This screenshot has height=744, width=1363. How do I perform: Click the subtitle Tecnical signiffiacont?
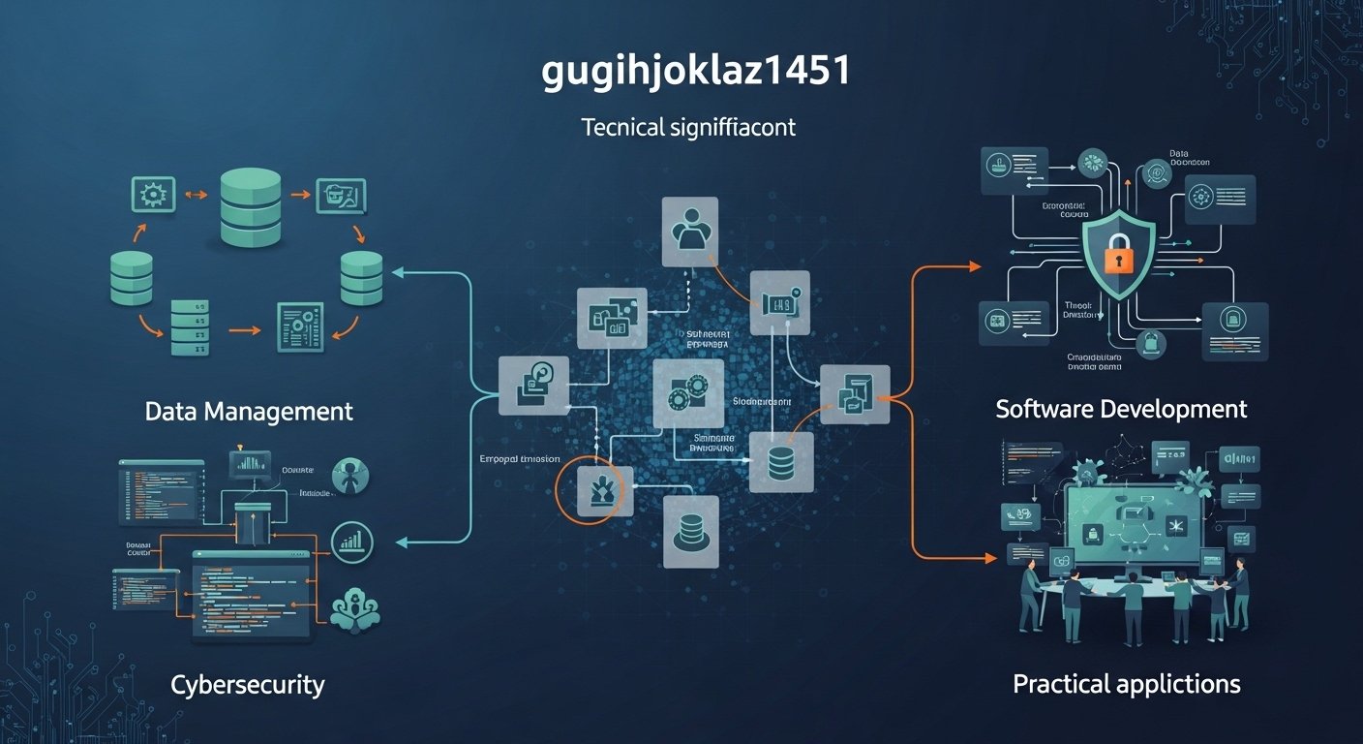pos(688,127)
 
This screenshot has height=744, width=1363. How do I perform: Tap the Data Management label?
pos(249,411)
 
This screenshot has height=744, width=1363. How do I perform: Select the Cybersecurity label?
pos(248,685)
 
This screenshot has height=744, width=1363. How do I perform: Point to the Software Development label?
pos(1121,409)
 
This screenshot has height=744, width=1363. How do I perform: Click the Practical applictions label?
pos(1126,684)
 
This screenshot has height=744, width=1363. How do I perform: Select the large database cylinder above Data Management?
pos(250,206)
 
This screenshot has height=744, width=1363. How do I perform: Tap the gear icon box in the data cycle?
pos(152,195)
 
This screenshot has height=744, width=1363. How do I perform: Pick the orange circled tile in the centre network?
pos(591,490)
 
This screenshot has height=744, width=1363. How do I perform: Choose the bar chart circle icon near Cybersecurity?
pos(352,542)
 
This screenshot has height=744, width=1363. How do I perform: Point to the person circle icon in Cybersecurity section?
pos(349,476)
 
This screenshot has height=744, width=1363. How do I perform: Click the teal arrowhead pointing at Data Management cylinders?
pos(397,273)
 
